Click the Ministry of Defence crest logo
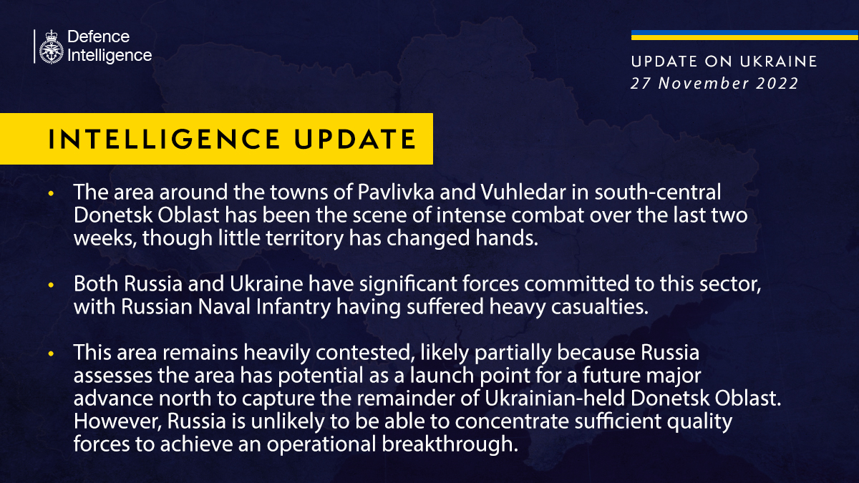(x=51, y=47)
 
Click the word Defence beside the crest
(x=99, y=36)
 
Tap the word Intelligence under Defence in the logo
(x=110, y=56)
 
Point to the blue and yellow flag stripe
(x=744, y=35)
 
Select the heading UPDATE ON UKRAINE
(x=724, y=62)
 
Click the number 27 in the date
(x=641, y=83)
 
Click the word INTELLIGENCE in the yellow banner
(x=165, y=139)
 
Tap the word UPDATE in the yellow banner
(x=355, y=139)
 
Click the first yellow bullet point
(x=51, y=193)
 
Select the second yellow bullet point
(x=51, y=285)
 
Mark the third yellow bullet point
(x=51, y=353)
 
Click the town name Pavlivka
(x=396, y=192)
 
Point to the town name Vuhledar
(x=523, y=192)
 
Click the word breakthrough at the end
(x=450, y=444)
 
